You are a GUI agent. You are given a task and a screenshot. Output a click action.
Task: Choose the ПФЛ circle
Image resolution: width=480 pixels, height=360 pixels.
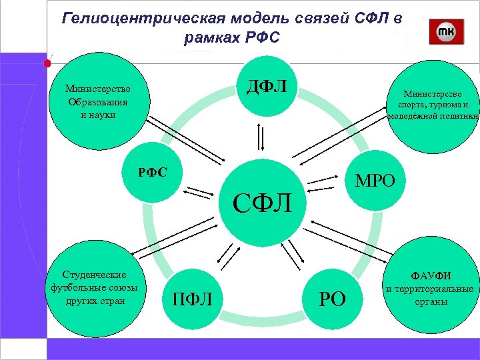click(193, 299)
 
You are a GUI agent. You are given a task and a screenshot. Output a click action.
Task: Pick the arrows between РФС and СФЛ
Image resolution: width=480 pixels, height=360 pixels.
click(197, 192)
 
